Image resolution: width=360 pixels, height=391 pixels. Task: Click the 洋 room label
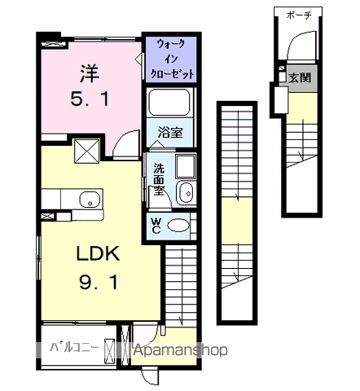tap(90, 73)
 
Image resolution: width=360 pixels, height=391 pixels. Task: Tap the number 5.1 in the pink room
tap(90, 99)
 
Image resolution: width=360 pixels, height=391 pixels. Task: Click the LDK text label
tap(99, 253)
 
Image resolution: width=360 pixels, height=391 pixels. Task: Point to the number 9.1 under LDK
tap(99, 282)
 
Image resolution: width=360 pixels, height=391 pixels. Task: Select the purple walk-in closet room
tap(171, 59)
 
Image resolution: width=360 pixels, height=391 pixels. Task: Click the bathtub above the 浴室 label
tap(169, 103)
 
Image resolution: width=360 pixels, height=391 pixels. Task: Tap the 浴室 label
tap(170, 132)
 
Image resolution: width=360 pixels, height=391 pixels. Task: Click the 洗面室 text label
tap(159, 179)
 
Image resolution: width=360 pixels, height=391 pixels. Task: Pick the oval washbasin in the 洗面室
tap(186, 193)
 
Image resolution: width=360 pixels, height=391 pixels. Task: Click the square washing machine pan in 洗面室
tap(186, 166)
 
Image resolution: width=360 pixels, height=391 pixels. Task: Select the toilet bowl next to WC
tap(178, 225)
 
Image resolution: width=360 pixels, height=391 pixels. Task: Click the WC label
tap(156, 226)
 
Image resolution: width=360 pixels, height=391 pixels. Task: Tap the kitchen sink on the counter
tap(90, 199)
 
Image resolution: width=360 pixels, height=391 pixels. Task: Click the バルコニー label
tap(74, 348)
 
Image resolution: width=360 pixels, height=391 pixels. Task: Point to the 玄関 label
tap(300, 77)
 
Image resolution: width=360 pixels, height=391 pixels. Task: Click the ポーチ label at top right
tap(299, 15)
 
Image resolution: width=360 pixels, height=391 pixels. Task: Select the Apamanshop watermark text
tap(181, 349)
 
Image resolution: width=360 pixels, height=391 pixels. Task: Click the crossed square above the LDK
tap(87, 151)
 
